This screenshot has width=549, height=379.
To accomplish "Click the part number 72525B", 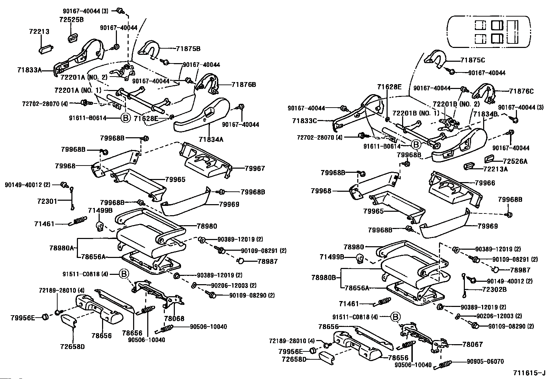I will pyautogui.click(x=71, y=20).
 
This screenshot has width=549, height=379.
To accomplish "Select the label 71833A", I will pyautogui.click(x=29, y=70).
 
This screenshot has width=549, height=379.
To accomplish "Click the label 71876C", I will pyautogui.click(x=521, y=91).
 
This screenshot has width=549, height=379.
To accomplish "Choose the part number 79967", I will pyautogui.click(x=255, y=168).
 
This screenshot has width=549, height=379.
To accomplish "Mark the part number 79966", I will pyautogui.click(x=485, y=183).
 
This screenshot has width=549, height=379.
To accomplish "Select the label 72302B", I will pyautogui.click(x=494, y=289).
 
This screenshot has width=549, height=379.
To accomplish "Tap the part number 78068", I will pyautogui.click(x=174, y=319).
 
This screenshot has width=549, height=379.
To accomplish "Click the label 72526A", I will pyautogui.click(x=515, y=161).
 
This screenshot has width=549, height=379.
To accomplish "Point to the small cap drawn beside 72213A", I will pyautogui.click(x=469, y=167).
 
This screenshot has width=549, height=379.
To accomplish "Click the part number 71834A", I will pyautogui.click(x=211, y=139).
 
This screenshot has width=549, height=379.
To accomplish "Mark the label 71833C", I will pyautogui.click(x=304, y=121).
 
